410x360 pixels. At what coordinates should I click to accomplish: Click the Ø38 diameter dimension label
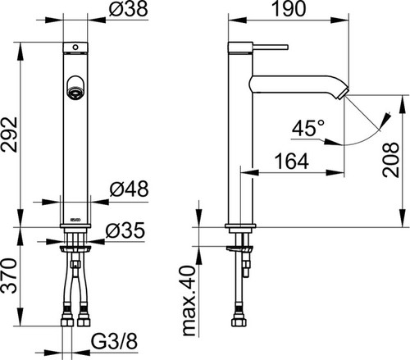pos(128,9)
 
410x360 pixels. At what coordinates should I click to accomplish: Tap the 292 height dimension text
pos(9,134)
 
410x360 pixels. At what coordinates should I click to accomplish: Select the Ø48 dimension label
pos(129,189)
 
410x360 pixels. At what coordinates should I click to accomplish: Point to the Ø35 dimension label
pos(125,230)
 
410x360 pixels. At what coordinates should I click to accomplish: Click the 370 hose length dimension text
pos(9,276)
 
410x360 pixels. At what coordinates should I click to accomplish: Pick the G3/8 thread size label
pos(114,341)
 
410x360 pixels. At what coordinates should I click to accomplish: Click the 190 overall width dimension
pos(289,9)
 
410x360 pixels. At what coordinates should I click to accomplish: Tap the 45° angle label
pos(308,128)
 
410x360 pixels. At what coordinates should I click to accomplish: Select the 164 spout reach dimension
pos(292,162)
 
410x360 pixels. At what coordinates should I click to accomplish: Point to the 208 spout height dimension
pos(391,160)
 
